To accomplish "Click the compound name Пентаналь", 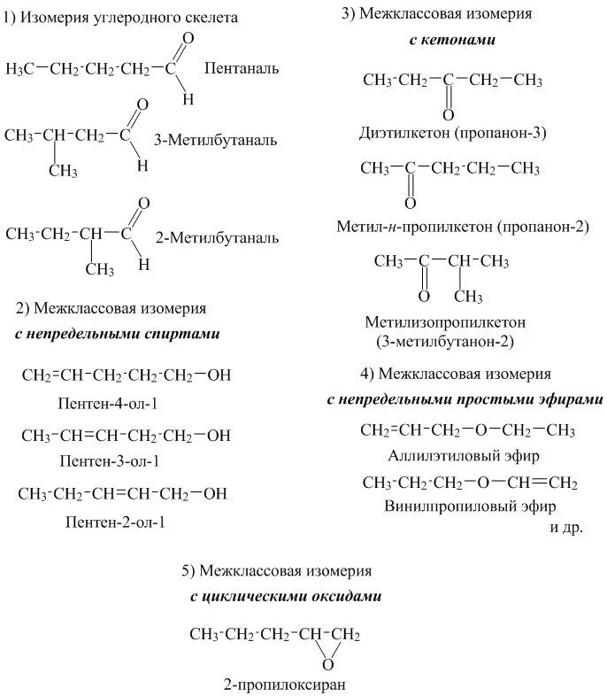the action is [242, 67].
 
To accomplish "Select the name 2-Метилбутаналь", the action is [217, 237].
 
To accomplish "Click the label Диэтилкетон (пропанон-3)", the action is [453, 134].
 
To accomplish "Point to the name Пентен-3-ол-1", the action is [111, 460].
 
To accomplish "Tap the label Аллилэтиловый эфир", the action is [464, 456].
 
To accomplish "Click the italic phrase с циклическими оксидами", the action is [286, 596].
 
